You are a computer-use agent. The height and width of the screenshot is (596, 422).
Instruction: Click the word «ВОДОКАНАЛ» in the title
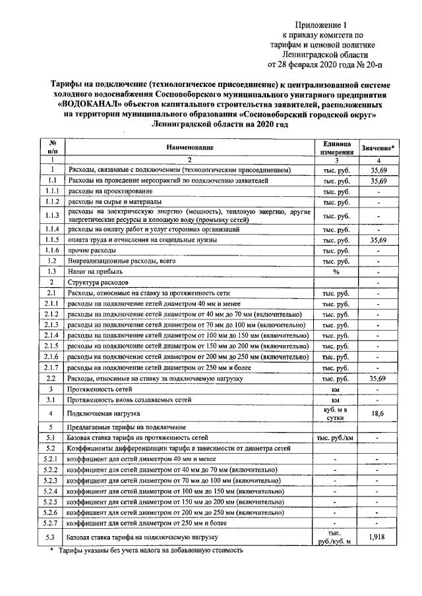(x=86, y=103)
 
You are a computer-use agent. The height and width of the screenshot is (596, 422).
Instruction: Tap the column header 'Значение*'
(x=378, y=149)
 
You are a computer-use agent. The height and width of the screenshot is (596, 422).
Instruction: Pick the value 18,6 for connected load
(x=377, y=413)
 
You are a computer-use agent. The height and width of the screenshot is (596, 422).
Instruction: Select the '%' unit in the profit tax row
(x=336, y=271)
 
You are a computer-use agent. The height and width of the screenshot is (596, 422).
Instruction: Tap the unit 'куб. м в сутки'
(x=336, y=413)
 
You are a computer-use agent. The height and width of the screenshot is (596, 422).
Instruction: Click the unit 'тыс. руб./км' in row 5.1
(x=336, y=437)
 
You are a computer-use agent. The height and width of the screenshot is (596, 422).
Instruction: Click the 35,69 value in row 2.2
(x=377, y=379)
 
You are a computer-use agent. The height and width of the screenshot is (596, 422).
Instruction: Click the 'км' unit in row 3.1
(x=336, y=400)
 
